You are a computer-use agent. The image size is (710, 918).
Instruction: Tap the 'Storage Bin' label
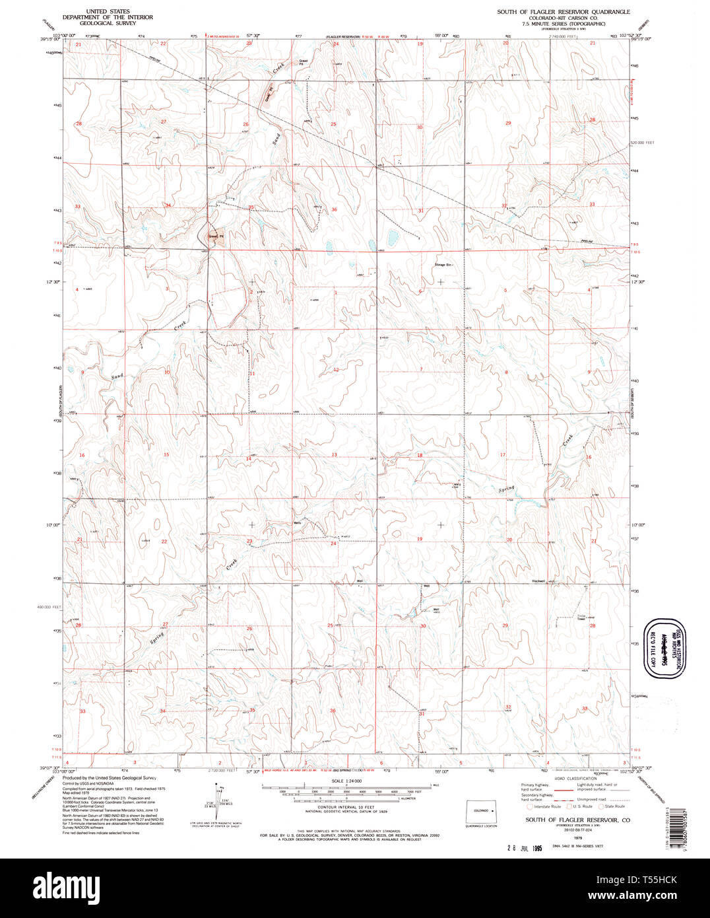(443, 265)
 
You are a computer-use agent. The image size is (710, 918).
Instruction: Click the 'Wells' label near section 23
(298, 524)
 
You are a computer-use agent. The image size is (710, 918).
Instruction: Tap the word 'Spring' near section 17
(506, 489)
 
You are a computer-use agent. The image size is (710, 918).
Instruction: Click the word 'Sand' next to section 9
(117, 376)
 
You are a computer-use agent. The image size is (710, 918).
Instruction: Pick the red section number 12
(335, 370)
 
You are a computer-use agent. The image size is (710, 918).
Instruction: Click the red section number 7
(420, 369)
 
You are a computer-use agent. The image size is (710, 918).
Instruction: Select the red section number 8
(506, 372)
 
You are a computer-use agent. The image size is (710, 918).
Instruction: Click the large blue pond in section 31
(393, 235)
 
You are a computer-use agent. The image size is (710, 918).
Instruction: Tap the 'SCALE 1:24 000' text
(346, 780)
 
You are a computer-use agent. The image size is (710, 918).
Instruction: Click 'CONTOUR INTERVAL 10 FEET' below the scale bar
(346, 807)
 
